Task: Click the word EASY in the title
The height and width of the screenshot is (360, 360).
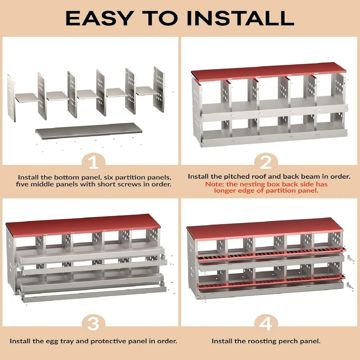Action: coord(99,18)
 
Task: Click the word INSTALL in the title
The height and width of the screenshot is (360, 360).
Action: coord(240,18)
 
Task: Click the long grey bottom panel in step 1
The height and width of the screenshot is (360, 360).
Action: coord(89,131)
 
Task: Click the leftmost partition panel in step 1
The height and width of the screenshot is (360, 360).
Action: coord(11,98)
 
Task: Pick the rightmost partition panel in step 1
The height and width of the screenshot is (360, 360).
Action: coord(159,89)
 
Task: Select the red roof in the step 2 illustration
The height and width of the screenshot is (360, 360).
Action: coord(268,72)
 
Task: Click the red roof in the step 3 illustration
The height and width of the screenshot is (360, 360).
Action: coord(83,226)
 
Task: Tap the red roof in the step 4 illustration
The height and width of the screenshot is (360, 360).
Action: coord(265,229)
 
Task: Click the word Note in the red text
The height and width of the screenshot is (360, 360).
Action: coord(214,184)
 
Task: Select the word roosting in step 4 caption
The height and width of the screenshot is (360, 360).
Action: coord(262,341)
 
